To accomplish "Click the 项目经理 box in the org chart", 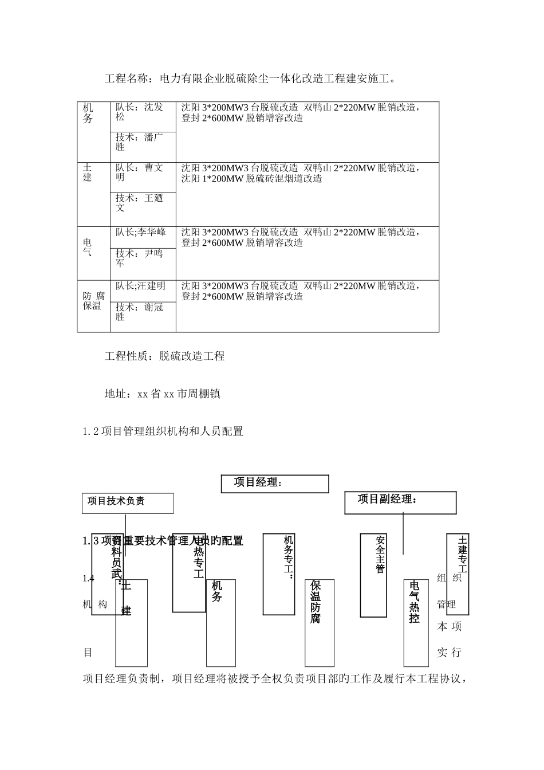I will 275,484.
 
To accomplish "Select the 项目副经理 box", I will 400,502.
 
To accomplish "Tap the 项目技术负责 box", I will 128,503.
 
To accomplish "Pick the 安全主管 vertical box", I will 373,575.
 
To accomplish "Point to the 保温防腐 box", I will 319,623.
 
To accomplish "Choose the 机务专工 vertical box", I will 278,574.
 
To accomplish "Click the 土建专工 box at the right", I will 458,574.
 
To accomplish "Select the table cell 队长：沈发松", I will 143,116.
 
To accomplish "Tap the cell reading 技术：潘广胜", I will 143,146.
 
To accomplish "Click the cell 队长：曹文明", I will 143,176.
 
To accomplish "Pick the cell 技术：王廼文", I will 143,207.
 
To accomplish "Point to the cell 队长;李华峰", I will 143,237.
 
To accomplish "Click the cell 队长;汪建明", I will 143,290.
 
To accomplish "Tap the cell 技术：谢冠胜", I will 143,316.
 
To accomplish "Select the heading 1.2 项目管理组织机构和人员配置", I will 163,431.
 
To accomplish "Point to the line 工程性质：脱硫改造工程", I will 164,356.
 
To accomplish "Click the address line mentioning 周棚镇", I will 162,394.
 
